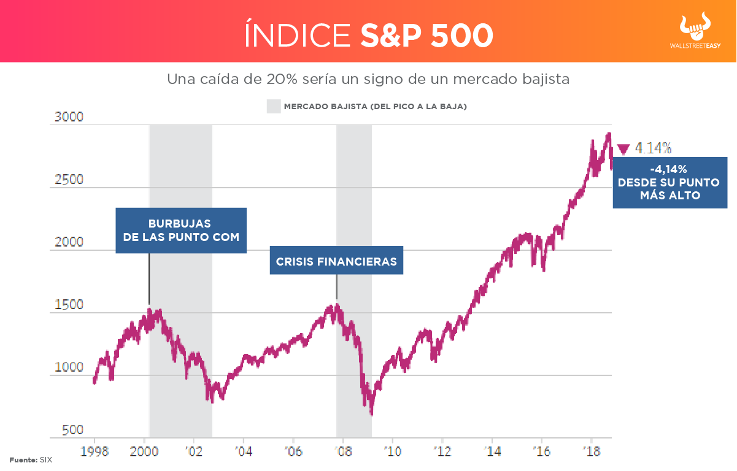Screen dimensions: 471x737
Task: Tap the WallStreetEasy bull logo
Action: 698,28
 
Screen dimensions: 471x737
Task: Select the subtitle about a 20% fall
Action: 368,80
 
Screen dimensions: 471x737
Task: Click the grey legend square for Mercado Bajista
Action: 274,106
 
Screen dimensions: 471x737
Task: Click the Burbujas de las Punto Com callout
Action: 181,230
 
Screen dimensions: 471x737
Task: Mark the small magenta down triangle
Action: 623,148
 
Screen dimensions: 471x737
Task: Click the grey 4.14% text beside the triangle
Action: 653,148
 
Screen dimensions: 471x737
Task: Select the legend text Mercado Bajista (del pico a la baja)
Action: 376,107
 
